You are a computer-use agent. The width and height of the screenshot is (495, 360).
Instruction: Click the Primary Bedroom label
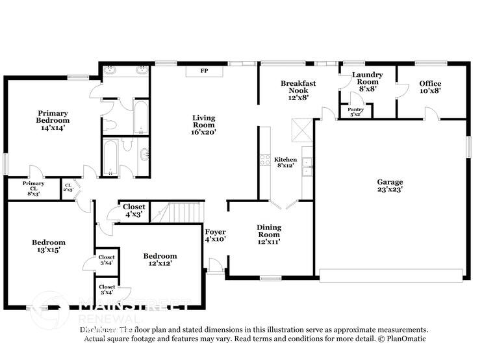(x=53, y=120)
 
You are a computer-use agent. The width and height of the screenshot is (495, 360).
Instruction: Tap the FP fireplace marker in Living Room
(x=203, y=70)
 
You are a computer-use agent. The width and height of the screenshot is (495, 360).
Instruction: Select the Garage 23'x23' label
(x=390, y=186)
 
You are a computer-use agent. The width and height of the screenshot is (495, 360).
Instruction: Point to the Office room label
(x=430, y=87)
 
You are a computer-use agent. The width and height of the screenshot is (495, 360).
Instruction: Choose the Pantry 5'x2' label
(x=355, y=112)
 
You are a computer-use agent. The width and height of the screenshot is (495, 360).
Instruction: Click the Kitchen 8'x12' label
(x=285, y=162)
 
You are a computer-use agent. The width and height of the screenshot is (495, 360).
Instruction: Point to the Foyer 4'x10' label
(x=215, y=235)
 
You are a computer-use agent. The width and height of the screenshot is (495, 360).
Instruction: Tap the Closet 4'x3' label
(x=133, y=210)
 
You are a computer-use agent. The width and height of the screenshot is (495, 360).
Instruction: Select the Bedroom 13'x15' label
(x=49, y=246)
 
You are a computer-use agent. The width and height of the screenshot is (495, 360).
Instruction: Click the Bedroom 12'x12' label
(x=160, y=259)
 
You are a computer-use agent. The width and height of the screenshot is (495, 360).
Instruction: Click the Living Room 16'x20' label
(x=203, y=125)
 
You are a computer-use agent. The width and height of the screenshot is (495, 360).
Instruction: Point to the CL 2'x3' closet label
(x=68, y=188)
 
